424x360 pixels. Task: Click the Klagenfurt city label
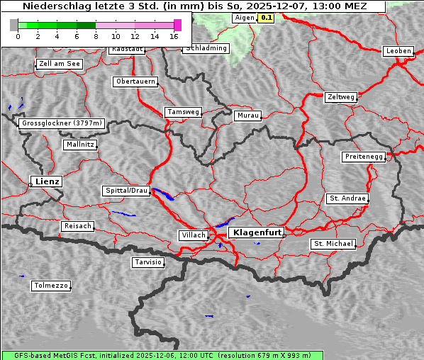[x=257, y=232]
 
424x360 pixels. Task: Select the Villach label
[x=193, y=235]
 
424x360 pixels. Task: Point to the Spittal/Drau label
[x=127, y=191]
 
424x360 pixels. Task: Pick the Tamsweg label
[x=184, y=112]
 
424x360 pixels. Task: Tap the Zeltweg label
[x=341, y=96]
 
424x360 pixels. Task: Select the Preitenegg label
[x=364, y=157]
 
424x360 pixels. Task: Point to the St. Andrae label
[x=347, y=198]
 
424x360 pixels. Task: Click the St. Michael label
[x=333, y=244]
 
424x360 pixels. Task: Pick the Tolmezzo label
[x=51, y=286]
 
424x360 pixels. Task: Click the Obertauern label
[x=135, y=81]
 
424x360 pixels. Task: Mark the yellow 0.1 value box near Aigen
[x=266, y=18]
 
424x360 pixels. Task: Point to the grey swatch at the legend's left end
[x=13, y=25]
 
